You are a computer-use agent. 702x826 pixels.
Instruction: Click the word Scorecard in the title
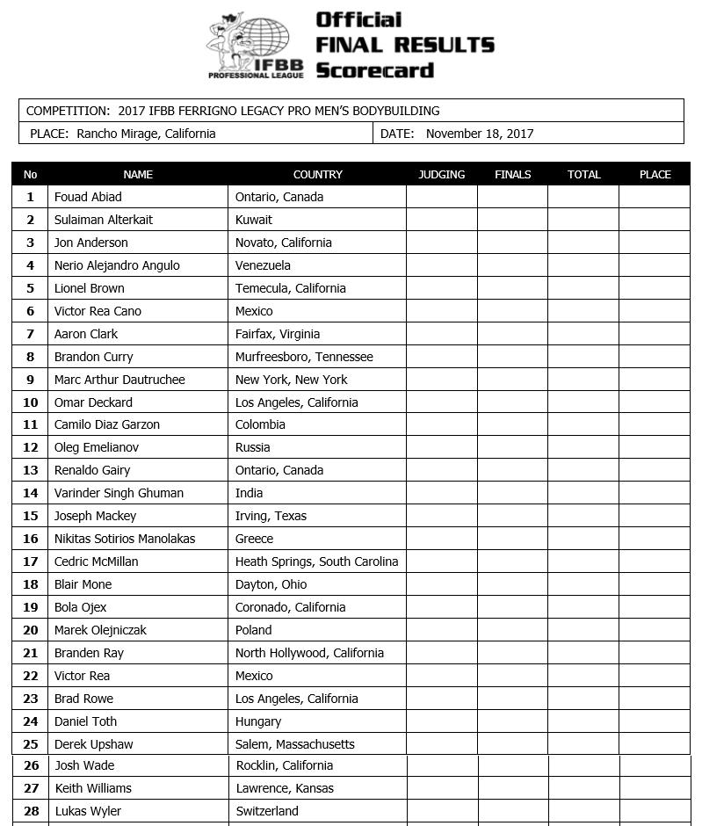375,70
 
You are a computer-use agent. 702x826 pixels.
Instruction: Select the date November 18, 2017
479,134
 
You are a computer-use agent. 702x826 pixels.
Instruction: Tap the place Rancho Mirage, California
146,134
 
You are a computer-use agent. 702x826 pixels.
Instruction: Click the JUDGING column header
441,174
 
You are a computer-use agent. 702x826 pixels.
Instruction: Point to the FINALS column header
512,174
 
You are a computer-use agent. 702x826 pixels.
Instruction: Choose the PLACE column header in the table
655,174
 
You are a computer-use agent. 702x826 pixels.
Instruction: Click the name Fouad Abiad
88,197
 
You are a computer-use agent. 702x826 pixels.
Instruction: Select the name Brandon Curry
94,357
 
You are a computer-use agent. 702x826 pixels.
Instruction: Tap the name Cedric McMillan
96,562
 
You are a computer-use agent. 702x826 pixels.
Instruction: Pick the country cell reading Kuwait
254,220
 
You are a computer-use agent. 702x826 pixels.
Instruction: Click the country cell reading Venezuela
263,265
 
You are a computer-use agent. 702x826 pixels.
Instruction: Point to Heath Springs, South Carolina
316,562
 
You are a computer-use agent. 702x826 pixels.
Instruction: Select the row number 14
31,493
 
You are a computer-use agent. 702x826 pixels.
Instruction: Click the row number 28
31,811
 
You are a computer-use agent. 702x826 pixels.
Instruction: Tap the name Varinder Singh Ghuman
119,493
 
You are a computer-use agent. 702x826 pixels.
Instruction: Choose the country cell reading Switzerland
267,811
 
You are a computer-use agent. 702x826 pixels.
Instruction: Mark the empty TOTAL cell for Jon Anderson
583,243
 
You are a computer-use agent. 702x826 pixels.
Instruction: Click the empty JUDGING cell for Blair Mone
441,584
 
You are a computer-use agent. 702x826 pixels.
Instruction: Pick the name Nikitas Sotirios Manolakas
125,539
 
